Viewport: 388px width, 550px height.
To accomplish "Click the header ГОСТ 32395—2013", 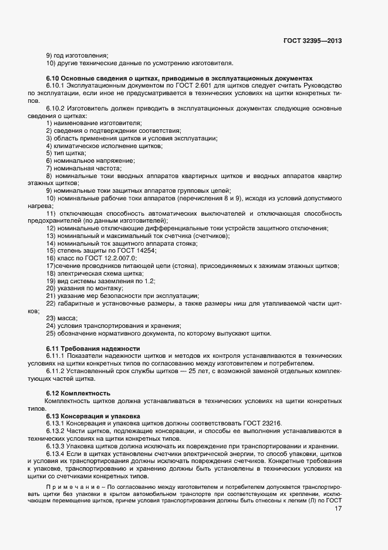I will pyautogui.click(x=312, y=41).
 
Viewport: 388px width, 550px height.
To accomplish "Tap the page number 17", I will pyautogui.click(x=338, y=509).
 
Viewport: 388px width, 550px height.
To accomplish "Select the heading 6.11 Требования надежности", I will pyautogui.click(x=93, y=348).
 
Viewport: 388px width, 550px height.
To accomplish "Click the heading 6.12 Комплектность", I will pyautogui.click(x=78, y=393).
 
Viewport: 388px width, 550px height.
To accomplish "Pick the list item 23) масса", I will pyautogui.click(x=62, y=318).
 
